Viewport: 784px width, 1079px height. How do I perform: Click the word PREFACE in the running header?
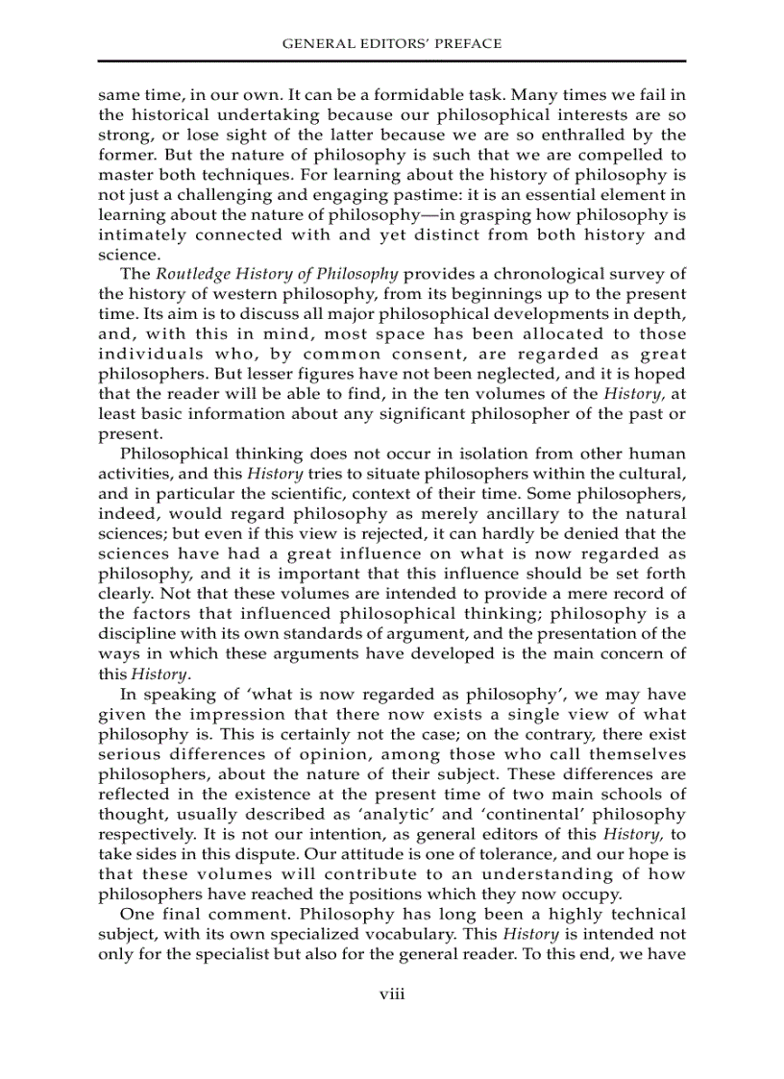coord(468,43)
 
